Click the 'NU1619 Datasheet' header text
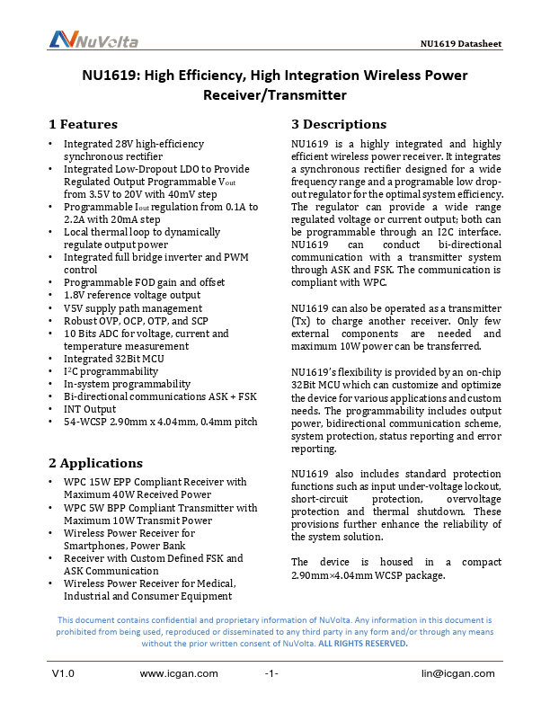tap(461, 44)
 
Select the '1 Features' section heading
tap(83, 124)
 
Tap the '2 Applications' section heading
tap(95, 463)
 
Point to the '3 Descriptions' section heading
tap(339, 124)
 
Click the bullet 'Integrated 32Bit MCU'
tap(113, 359)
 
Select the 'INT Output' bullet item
tap(90, 409)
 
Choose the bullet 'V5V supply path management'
tap(132, 308)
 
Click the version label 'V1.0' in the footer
tap(62, 673)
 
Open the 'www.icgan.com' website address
tap(180, 673)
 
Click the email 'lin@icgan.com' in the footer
tap(457, 673)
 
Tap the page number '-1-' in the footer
tap(271, 673)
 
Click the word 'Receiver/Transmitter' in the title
tap(274, 94)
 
